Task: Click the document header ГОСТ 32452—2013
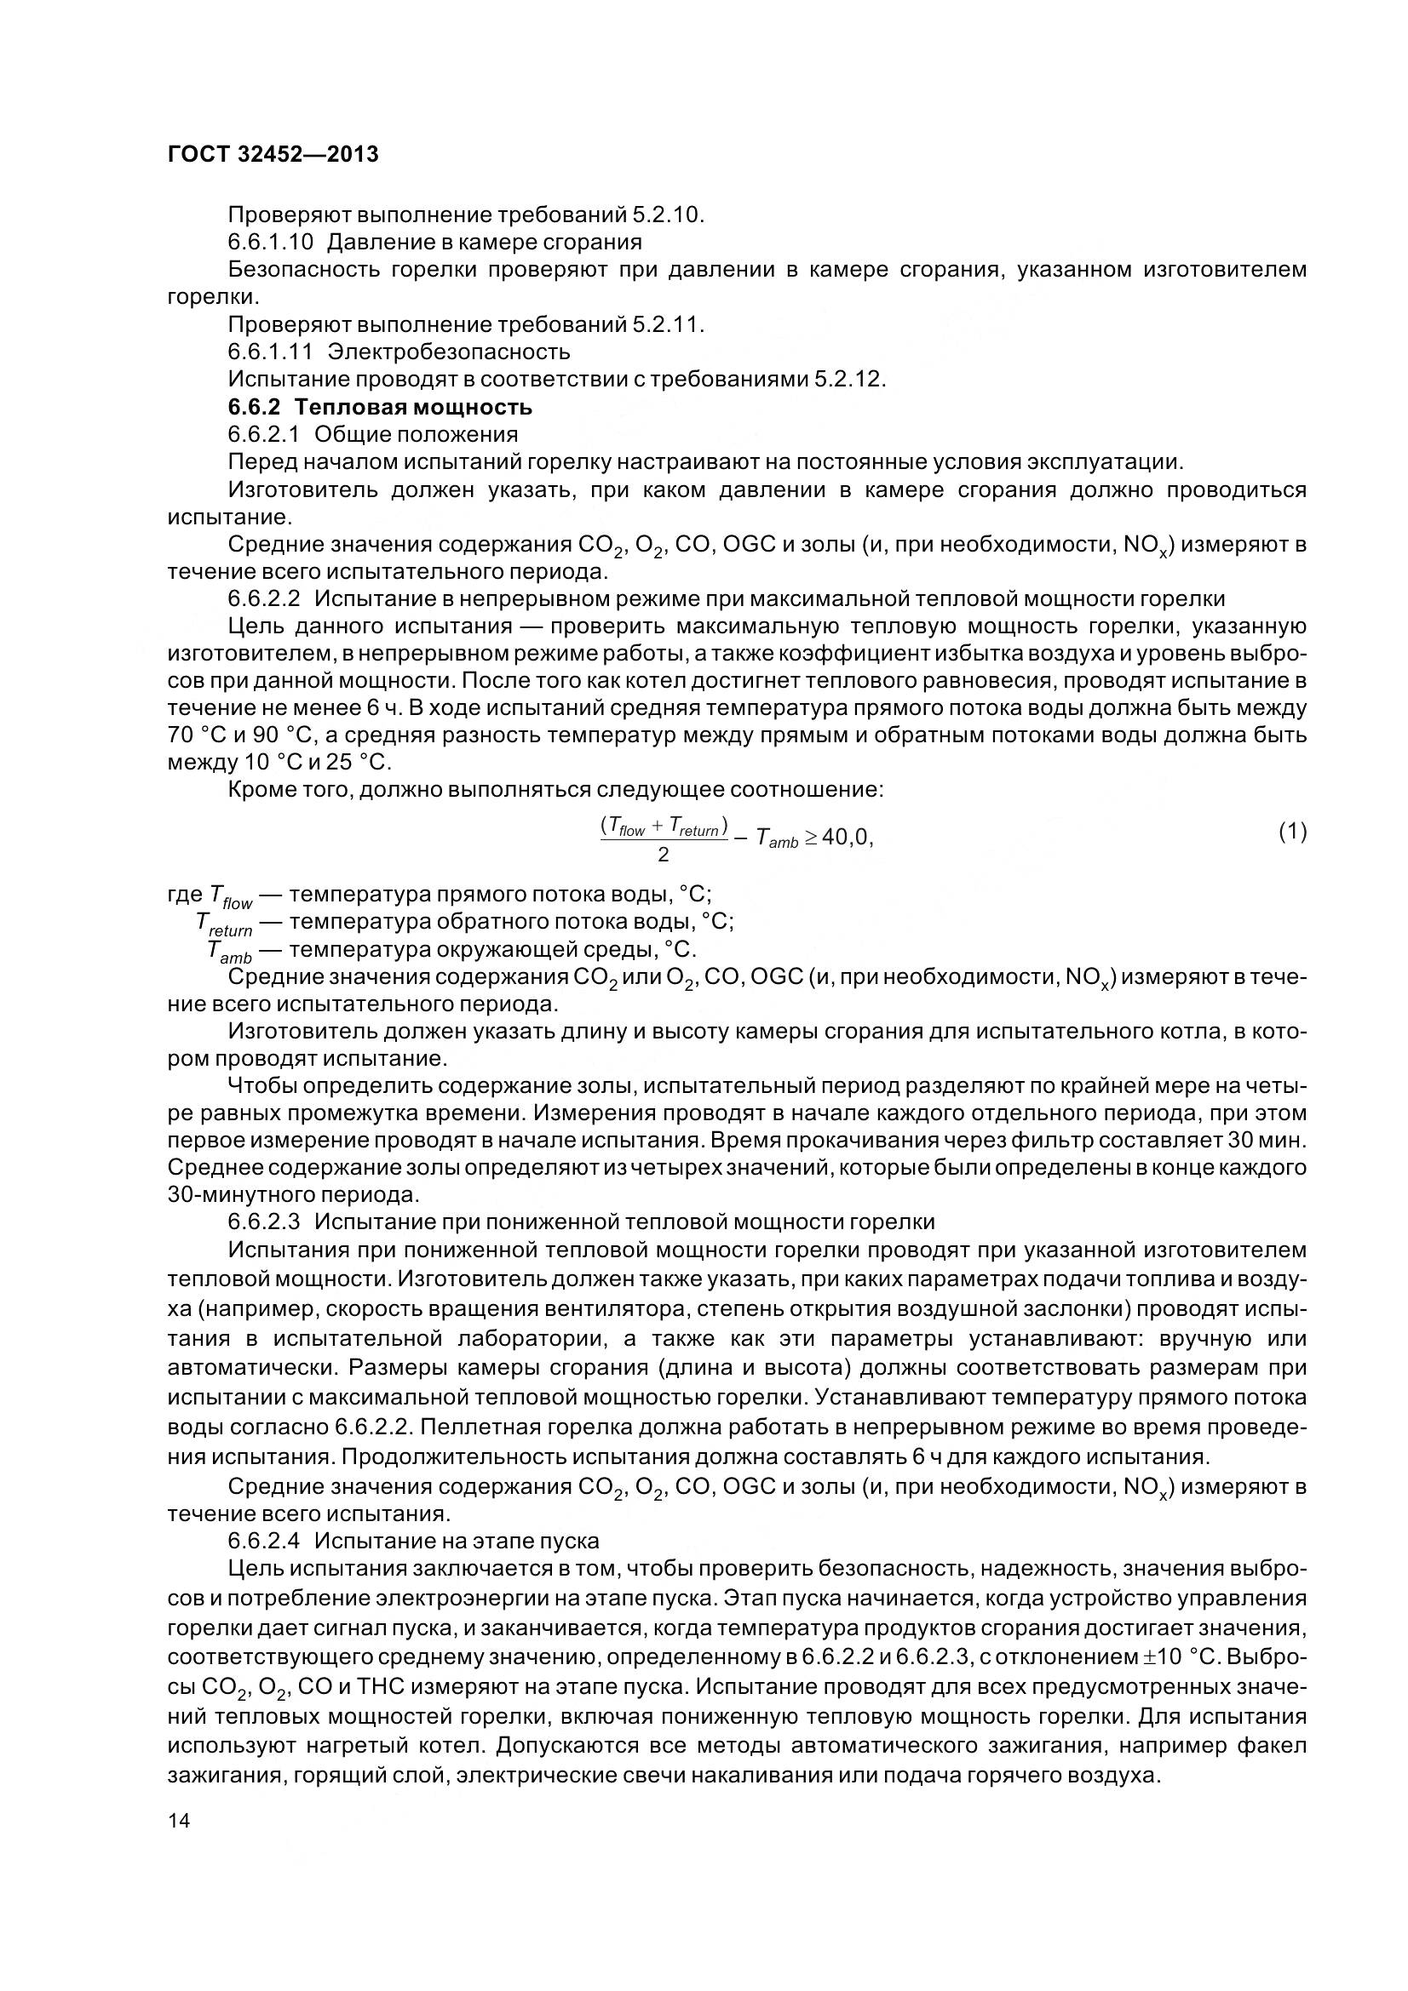[273, 155]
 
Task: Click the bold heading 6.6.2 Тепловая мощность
[380, 407]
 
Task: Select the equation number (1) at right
[1292, 832]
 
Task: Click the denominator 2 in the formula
[663, 855]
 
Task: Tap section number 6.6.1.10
[271, 241]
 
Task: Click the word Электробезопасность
[449, 352]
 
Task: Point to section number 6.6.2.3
[264, 1221]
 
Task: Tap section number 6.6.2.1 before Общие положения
[264, 434]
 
